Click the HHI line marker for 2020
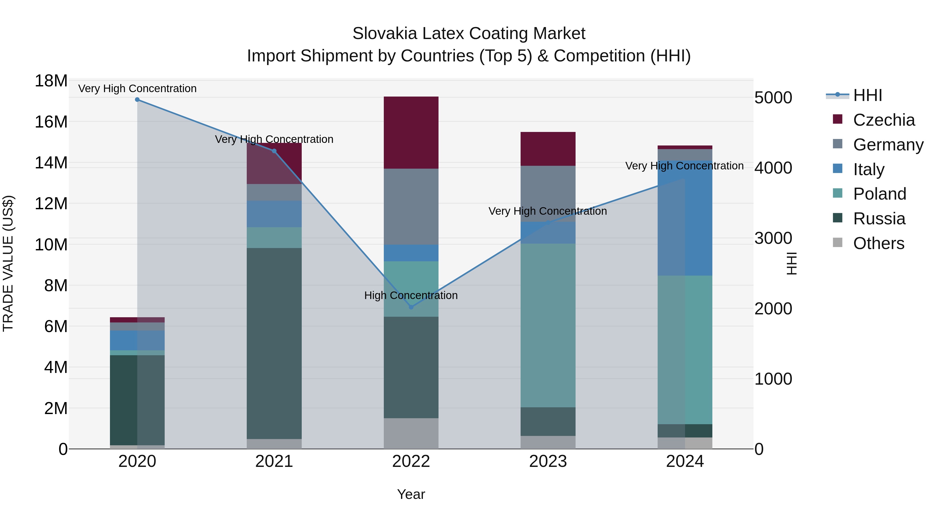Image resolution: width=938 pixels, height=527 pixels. (137, 100)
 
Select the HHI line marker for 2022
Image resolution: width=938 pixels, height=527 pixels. (411, 307)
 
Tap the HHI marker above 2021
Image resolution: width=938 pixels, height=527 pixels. (274, 151)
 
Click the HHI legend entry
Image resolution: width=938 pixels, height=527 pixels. (867, 95)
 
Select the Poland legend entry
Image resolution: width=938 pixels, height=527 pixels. (879, 194)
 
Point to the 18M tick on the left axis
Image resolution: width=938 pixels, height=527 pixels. (51, 81)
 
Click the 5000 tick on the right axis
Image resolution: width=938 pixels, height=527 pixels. (773, 98)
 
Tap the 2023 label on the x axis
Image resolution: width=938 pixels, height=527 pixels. (548, 461)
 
